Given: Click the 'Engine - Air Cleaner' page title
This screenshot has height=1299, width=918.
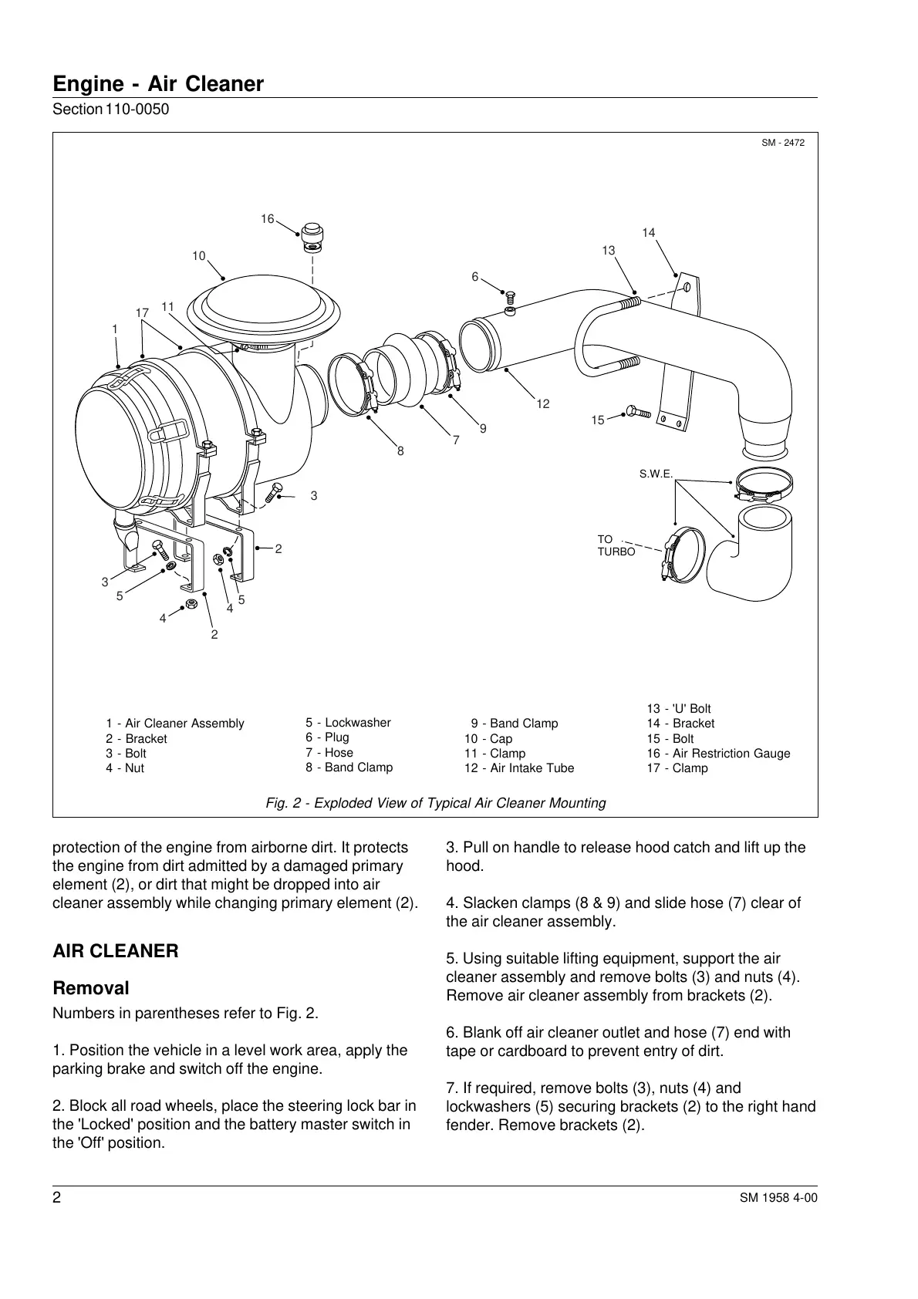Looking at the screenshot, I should [x=158, y=84].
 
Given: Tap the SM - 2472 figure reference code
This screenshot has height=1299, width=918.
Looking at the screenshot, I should [x=783, y=143].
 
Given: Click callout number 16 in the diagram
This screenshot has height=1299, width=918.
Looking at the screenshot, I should [x=267, y=219].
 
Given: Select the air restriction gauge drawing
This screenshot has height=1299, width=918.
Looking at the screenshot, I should [x=312, y=238].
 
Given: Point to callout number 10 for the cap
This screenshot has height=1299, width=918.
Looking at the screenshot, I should [x=199, y=256].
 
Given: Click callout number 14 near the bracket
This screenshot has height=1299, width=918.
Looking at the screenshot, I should [x=648, y=232].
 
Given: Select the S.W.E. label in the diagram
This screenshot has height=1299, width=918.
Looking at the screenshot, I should [x=656, y=474].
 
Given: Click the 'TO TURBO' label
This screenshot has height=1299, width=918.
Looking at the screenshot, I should [x=616, y=545].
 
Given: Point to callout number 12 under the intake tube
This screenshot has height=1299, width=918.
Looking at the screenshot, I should [x=543, y=403].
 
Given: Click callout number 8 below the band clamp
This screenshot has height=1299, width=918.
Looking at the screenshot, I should [x=400, y=451].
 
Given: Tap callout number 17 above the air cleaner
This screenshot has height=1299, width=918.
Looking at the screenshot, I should [x=142, y=312].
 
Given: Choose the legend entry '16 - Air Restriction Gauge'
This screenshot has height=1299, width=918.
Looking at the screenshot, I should [x=718, y=754].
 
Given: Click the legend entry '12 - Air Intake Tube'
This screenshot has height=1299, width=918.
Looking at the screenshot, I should [x=519, y=768].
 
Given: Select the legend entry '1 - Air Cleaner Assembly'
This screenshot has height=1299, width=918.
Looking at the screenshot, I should [x=175, y=724].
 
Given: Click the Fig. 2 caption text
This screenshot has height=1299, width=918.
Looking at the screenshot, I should [x=435, y=803].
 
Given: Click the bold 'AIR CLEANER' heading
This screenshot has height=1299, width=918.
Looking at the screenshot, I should [x=115, y=951].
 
